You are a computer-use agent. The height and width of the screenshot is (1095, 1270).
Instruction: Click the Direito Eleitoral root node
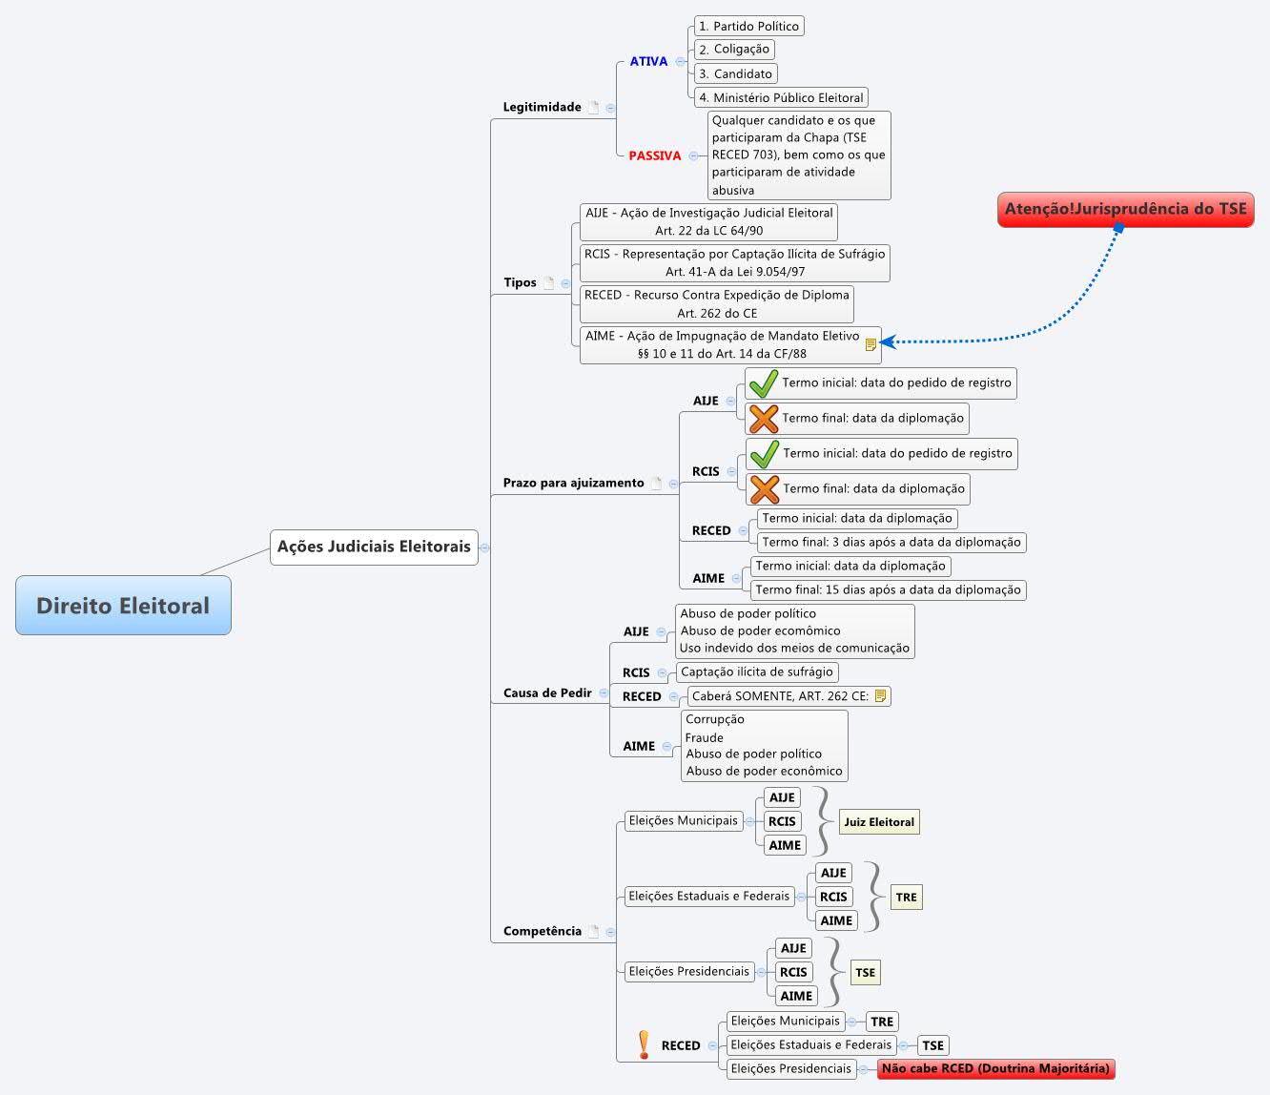(123, 605)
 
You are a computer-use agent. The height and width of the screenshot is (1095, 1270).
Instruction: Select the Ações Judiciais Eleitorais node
(374, 547)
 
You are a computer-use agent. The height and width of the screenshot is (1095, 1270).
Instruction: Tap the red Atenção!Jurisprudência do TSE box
(1125, 209)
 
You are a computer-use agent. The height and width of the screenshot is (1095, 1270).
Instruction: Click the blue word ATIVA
(648, 61)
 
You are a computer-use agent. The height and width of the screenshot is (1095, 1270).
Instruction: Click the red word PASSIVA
(655, 155)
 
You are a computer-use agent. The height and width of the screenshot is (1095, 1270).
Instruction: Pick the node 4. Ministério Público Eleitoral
(780, 97)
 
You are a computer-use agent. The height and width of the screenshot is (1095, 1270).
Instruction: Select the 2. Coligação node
(733, 50)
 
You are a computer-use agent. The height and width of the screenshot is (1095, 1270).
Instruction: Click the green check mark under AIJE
(763, 383)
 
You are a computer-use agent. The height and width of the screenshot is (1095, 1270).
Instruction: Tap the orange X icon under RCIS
(764, 489)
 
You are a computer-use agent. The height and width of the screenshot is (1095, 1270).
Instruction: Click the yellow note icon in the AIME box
(871, 344)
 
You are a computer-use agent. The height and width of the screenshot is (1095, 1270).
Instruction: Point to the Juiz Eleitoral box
(878, 821)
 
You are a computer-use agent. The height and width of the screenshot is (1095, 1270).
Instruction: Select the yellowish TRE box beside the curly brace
(906, 897)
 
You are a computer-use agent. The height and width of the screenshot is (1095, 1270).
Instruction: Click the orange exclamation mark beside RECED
(644, 1044)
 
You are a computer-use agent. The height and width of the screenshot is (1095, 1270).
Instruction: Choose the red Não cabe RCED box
(995, 1068)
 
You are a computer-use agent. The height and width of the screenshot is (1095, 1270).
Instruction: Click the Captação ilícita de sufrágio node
(756, 671)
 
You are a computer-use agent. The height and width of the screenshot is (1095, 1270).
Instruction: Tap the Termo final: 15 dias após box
(888, 589)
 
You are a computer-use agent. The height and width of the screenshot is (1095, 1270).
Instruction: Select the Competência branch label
(542, 931)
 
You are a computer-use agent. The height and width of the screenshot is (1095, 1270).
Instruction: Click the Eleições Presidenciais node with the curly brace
(688, 971)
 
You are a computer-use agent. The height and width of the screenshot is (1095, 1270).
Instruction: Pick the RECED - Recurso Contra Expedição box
(716, 303)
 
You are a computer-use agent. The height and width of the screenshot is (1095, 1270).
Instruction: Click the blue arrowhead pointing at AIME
(888, 341)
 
